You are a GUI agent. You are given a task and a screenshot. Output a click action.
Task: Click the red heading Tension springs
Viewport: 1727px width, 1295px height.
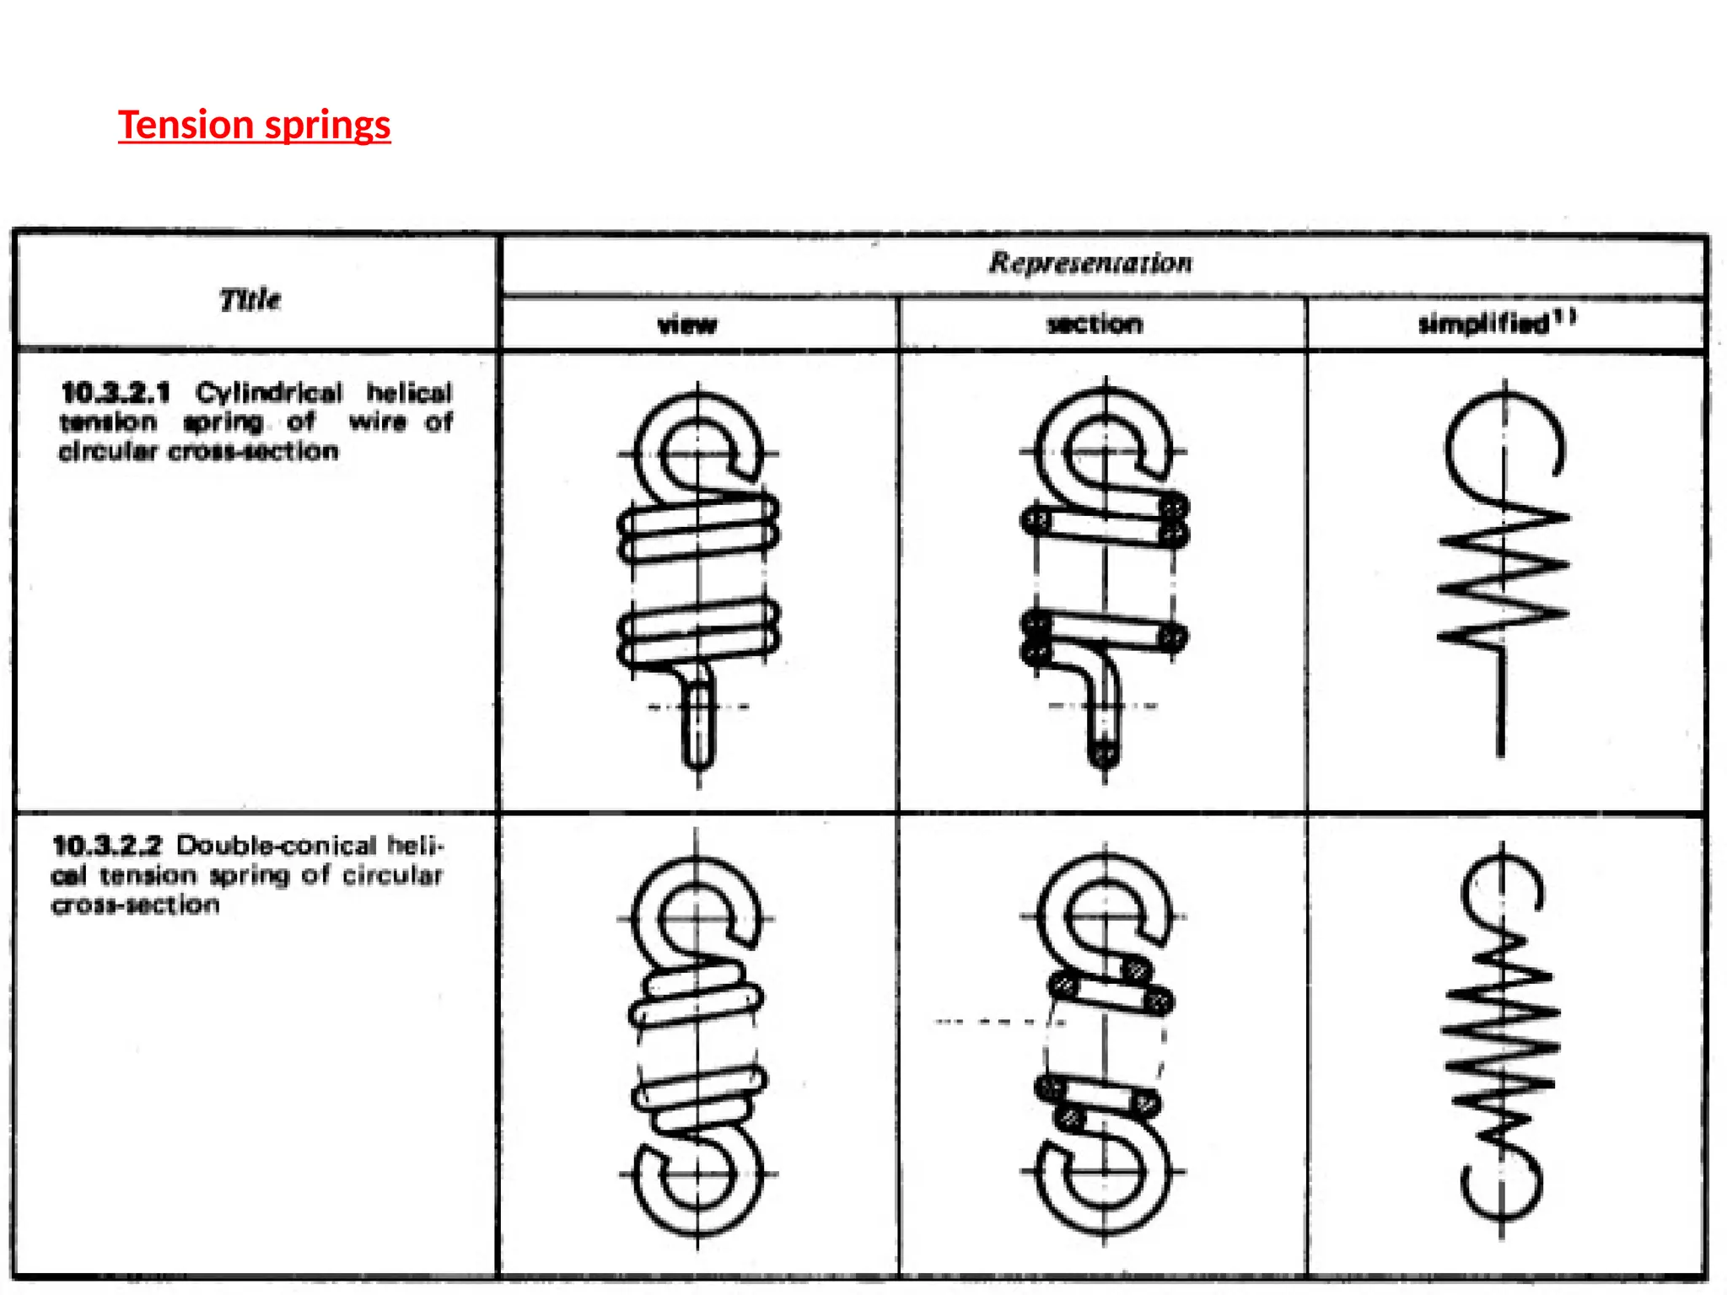click(x=254, y=125)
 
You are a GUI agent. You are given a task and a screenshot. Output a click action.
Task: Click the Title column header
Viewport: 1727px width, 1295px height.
click(x=250, y=299)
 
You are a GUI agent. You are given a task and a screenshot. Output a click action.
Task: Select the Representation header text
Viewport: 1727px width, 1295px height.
click(x=1090, y=262)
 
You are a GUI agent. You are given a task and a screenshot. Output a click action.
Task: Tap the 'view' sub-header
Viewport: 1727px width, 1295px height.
click(x=687, y=325)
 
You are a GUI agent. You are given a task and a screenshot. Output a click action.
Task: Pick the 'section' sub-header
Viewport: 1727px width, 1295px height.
click(x=1095, y=324)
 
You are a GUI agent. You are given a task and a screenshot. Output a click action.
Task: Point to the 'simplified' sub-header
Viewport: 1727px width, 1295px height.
click(x=1484, y=324)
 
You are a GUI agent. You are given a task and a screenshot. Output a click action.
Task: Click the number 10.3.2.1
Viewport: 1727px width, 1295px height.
click(x=116, y=393)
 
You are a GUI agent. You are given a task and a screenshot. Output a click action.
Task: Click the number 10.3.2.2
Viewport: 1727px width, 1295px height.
click(x=107, y=845)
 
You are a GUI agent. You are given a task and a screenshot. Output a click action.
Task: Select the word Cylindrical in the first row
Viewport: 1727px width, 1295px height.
click(x=269, y=393)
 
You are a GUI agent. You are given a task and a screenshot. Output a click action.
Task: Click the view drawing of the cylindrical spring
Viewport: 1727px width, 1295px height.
click(x=698, y=582)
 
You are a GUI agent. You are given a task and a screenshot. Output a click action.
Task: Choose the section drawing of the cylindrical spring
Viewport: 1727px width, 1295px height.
click(x=1105, y=582)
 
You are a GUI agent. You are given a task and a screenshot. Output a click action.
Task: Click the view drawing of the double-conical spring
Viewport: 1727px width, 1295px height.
click(x=697, y=1041)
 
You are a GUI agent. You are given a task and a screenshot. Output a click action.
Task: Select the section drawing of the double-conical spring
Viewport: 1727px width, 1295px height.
click(x=1105, y=1041)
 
